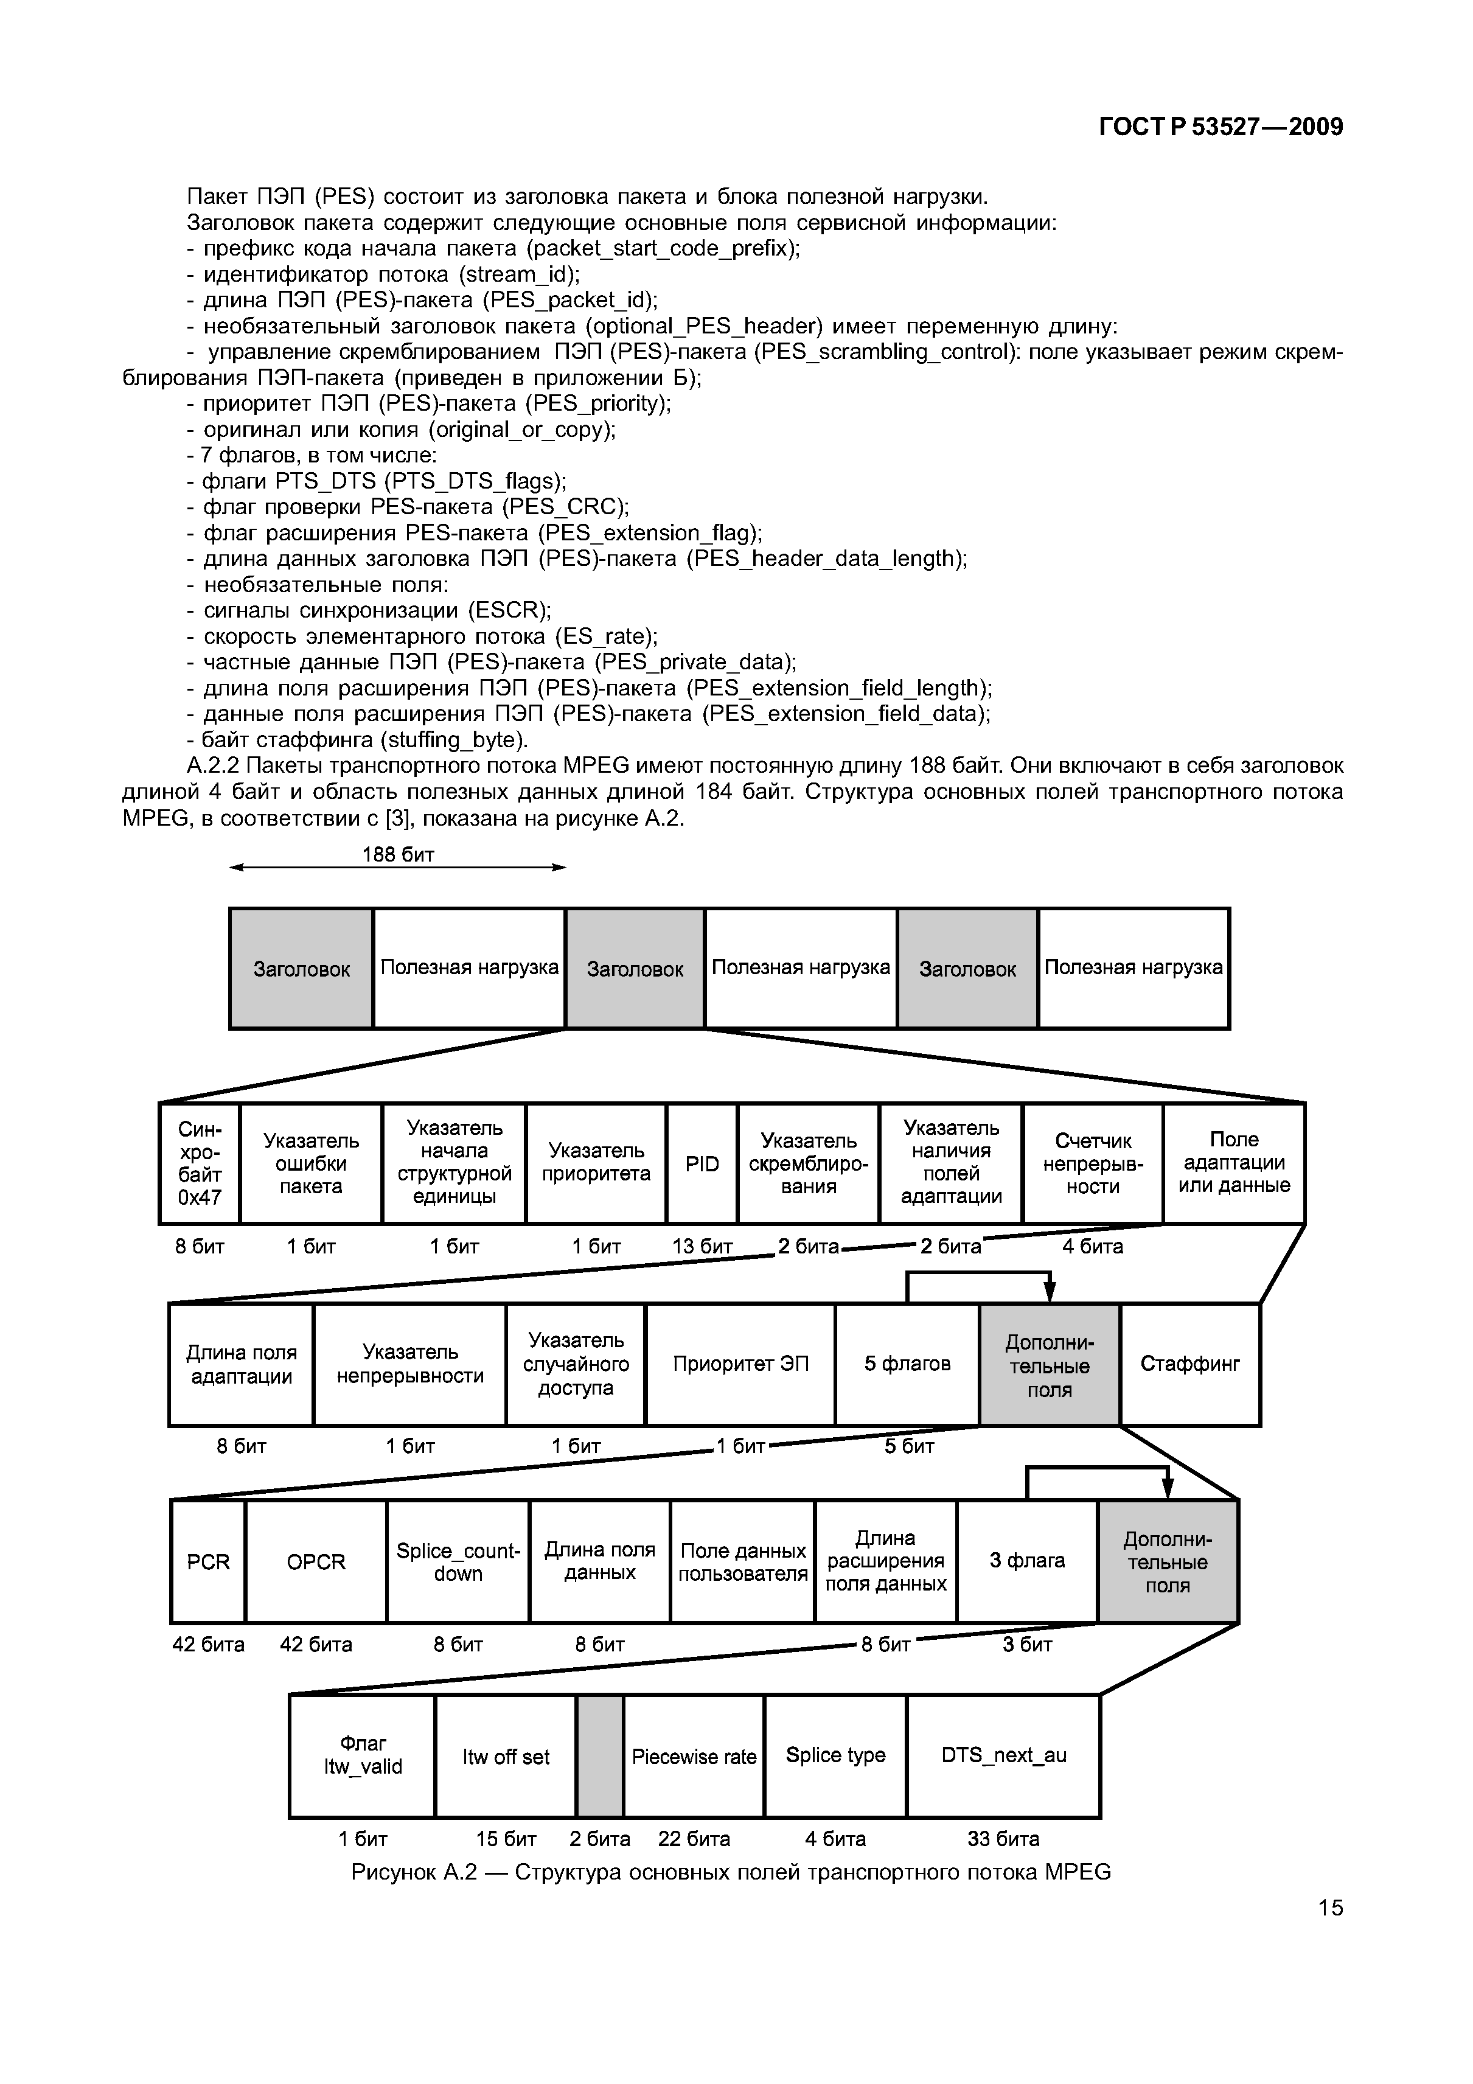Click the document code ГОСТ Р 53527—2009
(1221, 127)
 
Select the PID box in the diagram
(702, 1163)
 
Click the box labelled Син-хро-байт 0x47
(200, 1163)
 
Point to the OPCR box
(316, 1561)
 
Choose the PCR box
(208, 1561)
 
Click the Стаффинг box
(1190, 1364)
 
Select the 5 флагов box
(907, 1364)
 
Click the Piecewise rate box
(694, 1756)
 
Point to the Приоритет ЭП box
(740, 1364)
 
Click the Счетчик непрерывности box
(1093, 1163)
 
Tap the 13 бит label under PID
(702, 1246)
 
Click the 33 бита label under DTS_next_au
(1003, 1838)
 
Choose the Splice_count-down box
(458, 1561)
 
